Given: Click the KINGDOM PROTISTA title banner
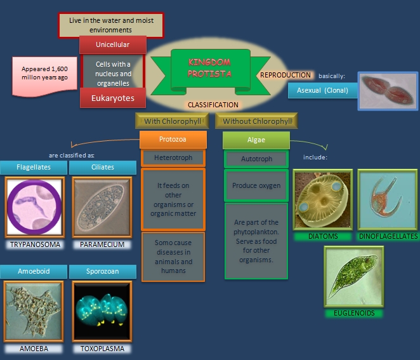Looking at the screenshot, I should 209,68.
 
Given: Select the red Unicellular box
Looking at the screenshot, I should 113,44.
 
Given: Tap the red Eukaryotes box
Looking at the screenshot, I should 113,98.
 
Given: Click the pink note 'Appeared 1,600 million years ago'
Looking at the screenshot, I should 44,73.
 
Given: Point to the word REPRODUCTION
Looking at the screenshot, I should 285,75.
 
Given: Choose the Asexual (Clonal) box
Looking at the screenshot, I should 322,91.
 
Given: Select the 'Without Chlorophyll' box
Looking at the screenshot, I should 257,121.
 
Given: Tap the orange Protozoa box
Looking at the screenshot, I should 173,140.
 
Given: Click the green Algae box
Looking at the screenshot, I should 256,140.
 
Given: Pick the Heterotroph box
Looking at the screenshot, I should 173,157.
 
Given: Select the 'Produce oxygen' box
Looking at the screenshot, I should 256,185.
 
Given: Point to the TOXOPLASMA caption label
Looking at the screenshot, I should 102,349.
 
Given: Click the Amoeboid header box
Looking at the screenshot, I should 34,271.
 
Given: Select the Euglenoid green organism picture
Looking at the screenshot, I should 354,277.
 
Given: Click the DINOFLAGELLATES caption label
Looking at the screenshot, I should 388,236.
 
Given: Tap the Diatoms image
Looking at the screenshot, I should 322,199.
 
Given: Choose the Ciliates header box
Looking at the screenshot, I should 102,168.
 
